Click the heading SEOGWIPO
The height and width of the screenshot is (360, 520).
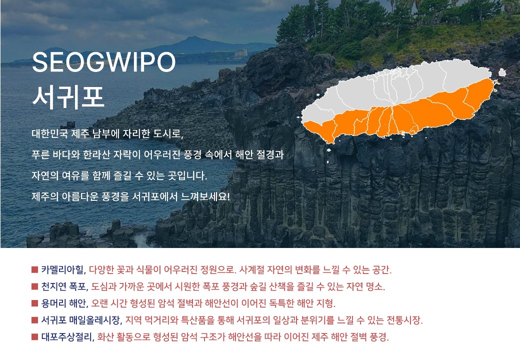pos(103,61)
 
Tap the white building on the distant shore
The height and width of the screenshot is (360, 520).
pos(240,54)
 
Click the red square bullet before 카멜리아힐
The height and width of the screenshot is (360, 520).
pos(35,269)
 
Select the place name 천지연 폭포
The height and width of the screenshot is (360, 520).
pos(63,286)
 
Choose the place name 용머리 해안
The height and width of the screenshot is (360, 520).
pos(63,303)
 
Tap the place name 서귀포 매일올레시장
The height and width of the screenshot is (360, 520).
pos(80,320)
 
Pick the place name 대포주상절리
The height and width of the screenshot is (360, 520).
pos(66,337)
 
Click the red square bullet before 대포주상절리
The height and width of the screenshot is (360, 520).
pos(35,337)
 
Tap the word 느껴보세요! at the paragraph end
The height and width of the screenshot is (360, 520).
pos(205,197)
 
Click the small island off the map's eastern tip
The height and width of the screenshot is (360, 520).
pos(502,72)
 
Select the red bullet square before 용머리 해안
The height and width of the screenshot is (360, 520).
pos(35,303)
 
